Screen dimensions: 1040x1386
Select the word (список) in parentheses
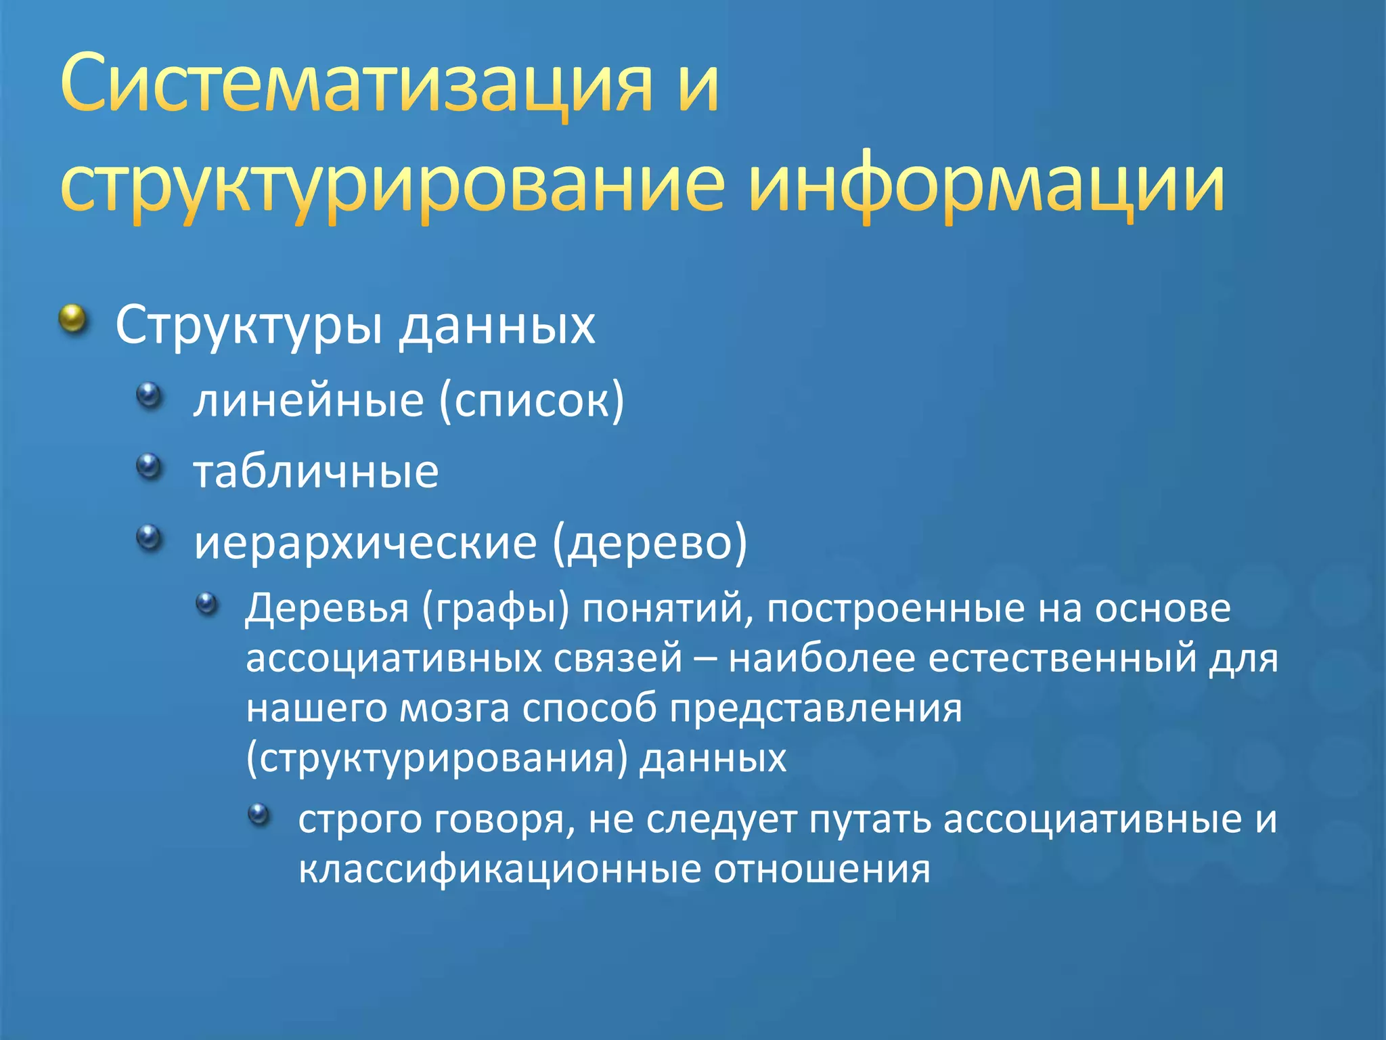click(x=531, y=401)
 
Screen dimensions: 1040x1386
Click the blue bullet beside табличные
click(x=150, y=466)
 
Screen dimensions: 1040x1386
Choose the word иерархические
click(x=365, y=542)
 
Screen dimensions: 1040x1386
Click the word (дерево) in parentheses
click(x=650, y=542)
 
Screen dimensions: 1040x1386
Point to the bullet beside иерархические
click(x=150, y=537)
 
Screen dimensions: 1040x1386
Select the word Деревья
click(x=327, y=608)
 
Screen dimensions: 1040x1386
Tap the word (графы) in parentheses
click(x=495, y=608)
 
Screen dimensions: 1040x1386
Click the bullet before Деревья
click(x=206, y=603)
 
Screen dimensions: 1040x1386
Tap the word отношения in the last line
click(x=822, y=869)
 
